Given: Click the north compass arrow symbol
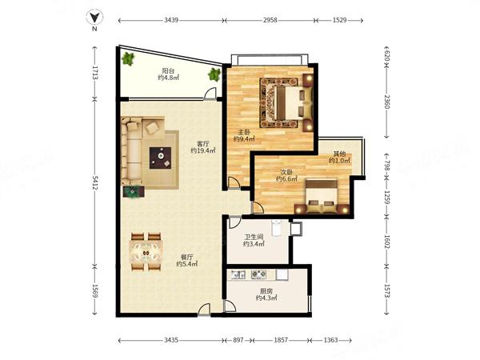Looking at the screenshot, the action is [94, 18].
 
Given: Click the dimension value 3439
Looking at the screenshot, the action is [171, 20].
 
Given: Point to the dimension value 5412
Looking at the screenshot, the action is [94, 182].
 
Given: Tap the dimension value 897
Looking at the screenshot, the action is [238, 340].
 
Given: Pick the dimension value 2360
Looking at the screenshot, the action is [387, 102].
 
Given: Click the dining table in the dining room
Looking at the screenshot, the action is [146, 252].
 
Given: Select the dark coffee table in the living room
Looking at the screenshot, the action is [160, 158].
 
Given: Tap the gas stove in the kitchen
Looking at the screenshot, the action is [258, 274].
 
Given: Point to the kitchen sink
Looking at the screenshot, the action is [238, 274].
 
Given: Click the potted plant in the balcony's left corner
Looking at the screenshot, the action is [128, 58].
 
